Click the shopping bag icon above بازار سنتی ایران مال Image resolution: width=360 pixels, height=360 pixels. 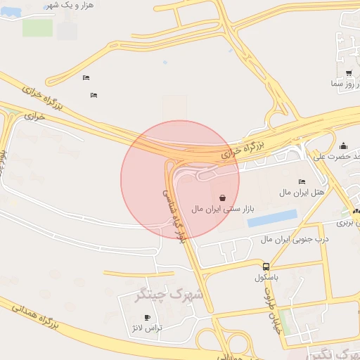(223, 198)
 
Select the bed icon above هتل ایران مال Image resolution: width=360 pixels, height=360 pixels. (302, 181)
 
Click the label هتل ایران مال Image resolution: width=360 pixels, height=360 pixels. (302, 192)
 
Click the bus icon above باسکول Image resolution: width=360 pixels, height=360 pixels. (266, 266)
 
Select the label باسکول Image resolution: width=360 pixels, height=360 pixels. (266, 278)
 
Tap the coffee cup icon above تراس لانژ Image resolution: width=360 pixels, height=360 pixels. (147, 318)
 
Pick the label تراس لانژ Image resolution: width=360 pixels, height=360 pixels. (146, 328)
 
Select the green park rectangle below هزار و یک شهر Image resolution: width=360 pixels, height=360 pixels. (37, 27)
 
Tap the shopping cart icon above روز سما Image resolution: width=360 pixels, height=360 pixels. (349, 72)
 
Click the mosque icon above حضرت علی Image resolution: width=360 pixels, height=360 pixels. (343, 146)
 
